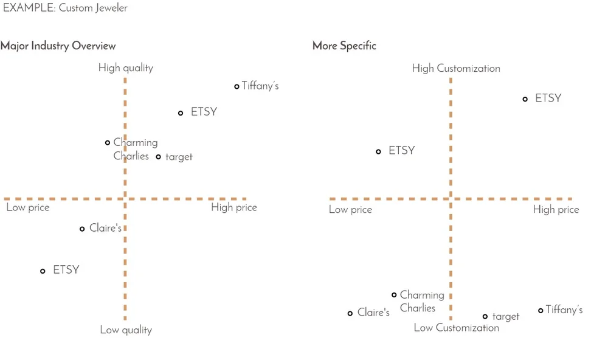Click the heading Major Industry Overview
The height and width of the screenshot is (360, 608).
point(58,46)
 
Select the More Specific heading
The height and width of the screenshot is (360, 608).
point(344,46)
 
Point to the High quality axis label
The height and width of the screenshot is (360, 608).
point(126,68)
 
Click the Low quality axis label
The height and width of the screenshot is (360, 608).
point(126,330)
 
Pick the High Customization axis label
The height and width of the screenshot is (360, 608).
point(456,68)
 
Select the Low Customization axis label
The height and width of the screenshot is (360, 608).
point(456,328)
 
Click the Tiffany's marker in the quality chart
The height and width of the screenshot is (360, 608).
point(237,86)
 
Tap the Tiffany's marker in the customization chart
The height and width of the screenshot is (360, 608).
point(541,311)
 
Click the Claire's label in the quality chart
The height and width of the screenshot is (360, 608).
point(105,229)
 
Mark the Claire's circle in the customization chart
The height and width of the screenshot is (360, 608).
point(350,314)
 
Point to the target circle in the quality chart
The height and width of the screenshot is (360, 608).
point(159,157)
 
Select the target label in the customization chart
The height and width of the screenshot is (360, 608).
point(506,317)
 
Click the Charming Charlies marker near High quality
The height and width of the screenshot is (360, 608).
point(108,143)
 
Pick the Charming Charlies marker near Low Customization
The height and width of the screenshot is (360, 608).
point(394,295)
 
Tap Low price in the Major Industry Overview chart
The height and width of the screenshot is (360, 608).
point(28,208)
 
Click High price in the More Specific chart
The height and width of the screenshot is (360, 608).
point(556,210)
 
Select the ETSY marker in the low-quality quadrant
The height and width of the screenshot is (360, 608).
point(43,271)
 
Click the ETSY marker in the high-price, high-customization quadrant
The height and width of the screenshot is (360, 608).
point(525,99)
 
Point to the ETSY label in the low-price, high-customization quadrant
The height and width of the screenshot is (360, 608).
point(401,151)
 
